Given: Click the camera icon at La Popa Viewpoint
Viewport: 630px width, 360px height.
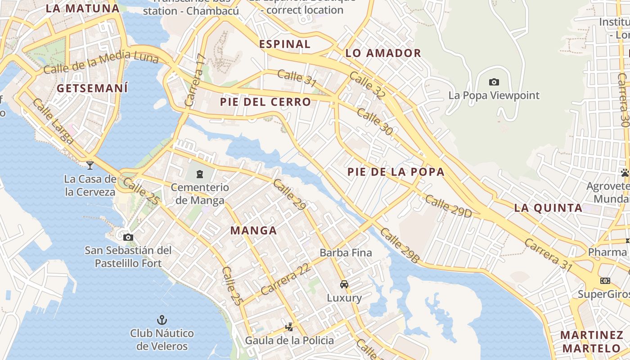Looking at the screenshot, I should click(494, 82).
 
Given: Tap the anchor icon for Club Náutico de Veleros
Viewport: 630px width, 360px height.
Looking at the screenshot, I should click(162, 320).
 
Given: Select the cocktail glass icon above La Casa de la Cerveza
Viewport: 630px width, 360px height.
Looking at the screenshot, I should click(90, 165).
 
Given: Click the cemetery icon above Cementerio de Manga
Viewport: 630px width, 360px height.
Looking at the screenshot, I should click(200, 173).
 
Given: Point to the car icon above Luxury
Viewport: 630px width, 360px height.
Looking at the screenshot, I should click(344, 284).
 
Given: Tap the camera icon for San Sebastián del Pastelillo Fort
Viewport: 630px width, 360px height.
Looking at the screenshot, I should click(128, 237).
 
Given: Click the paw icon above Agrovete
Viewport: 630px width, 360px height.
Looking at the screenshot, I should click(625, 172).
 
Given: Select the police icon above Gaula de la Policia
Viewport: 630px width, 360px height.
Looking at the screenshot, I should click(290, 327).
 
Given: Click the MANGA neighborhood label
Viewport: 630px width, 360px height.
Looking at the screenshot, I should click(253, 231).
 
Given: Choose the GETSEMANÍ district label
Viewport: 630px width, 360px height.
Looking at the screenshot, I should click(92, 88).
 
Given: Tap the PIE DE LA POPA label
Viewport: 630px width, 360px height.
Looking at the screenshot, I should click(396, 172).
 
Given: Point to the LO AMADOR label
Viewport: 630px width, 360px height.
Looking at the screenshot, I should click(383, 53).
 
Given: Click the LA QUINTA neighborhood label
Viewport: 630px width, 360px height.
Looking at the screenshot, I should click(548, 208).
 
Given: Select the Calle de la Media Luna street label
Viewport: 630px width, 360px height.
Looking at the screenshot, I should click(101, 63).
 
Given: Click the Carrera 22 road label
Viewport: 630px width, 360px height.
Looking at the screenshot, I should click(285, 279).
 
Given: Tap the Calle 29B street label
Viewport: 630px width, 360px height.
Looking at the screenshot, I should click(399, 246).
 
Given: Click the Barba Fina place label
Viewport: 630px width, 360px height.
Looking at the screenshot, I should click(346, 252).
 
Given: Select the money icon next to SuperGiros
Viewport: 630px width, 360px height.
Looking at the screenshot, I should click(605, 281).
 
